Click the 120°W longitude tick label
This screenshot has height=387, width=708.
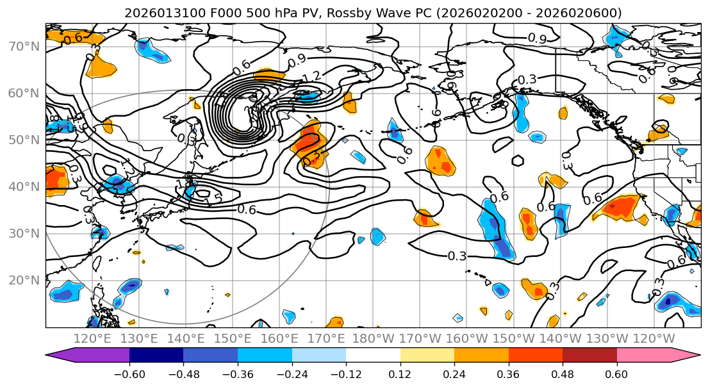653,338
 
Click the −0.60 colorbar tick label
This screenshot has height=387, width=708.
129,374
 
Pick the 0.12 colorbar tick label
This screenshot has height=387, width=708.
400,374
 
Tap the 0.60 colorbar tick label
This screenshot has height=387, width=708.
616,374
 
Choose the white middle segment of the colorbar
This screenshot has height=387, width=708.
372,356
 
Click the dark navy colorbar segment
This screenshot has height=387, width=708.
156,356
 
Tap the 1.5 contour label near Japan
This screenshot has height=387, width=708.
213,199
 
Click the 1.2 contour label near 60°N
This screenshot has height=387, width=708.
311,77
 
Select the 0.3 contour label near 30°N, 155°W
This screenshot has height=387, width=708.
457,256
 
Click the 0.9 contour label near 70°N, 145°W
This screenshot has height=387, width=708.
537,39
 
